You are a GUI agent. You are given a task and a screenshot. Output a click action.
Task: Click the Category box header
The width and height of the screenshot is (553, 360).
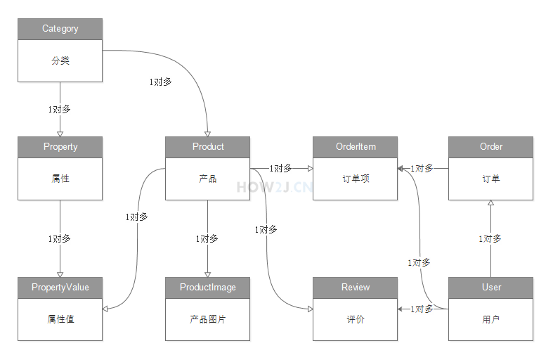click(x=60, y=29)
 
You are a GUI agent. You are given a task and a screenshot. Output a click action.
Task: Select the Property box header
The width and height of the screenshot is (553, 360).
click(x=60, y=147)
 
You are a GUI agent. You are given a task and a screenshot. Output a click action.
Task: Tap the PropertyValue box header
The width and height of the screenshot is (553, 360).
click(x=60, y=288)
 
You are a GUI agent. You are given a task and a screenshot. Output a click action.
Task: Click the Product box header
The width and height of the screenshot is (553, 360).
click(x=207, y=147)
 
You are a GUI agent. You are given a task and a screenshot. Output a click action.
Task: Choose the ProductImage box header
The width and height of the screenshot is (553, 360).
click(x=207, y=288)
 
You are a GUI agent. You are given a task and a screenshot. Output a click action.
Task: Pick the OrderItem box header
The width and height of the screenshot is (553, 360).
click(x=355, y=147)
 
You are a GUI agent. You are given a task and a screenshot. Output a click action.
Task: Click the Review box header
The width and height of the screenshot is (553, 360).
click(x=355, y=288)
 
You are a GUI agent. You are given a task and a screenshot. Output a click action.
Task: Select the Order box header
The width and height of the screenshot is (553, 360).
click(x=490, y=147)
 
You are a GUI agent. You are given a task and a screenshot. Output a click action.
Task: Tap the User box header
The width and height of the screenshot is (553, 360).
click(x=490, y=288)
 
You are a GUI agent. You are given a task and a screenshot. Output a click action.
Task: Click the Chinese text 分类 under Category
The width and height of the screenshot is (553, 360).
click(x=60, y=61)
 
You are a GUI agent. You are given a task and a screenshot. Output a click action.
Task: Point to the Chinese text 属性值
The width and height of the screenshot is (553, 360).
click(x=60, y=319)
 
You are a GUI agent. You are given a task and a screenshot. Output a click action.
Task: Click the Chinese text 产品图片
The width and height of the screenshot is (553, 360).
click(x=207, y=319)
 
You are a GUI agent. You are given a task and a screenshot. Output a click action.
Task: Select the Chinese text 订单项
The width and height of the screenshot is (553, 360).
click(x=355, y=179)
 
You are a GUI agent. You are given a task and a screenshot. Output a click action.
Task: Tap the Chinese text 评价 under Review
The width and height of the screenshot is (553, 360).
click(x=355, y=319)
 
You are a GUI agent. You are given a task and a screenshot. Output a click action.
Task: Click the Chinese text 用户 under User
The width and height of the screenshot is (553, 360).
click(x=490, y=319)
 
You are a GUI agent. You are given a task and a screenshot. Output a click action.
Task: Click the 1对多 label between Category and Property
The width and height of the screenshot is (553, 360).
click(x=59, y=110)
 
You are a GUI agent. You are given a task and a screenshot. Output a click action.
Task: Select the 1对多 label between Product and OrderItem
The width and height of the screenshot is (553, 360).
click(x=280, y=169)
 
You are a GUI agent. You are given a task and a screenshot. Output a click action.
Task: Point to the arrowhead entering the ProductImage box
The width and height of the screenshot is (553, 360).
click(x=207, y=274)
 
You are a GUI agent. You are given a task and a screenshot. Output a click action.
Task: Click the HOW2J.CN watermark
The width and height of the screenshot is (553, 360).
click(x=274, y=187)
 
